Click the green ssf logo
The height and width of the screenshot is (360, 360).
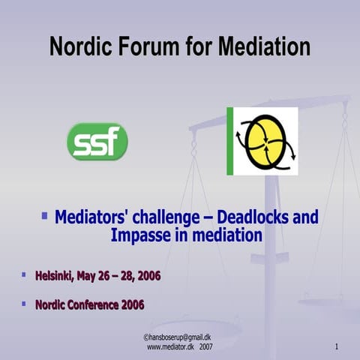click(97, 142)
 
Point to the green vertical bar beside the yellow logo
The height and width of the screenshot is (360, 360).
click(230, 141)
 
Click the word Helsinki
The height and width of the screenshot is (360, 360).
click(53, 277)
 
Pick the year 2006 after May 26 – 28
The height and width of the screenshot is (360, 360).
click(148, 277)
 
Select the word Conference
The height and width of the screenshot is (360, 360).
click(95, 305)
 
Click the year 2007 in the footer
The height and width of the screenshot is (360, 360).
click(205, 348)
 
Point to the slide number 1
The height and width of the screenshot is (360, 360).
click(337, 347)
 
